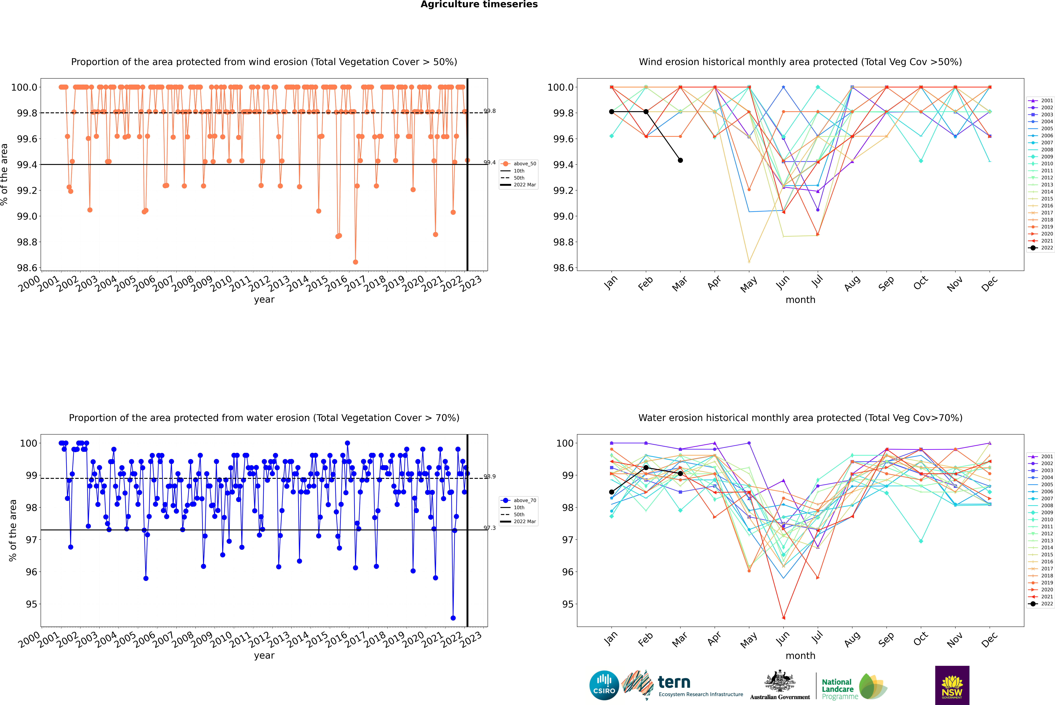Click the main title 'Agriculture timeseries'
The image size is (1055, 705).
tap(479, 4)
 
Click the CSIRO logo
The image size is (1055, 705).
tap(604, 685)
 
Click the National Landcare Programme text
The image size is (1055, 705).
tap(837, 689)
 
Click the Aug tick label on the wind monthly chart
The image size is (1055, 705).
tap(852, 283)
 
